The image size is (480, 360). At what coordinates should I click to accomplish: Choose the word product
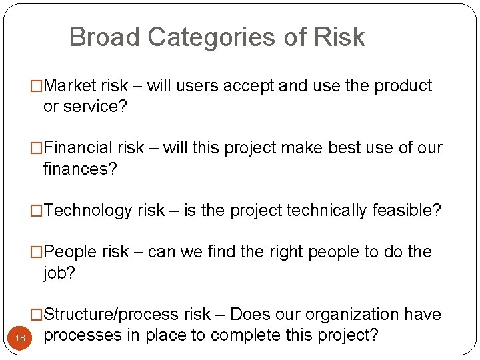(403, 86)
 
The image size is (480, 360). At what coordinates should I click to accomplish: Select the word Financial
(80, 148)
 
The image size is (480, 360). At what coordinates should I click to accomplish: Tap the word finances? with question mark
(80, 169)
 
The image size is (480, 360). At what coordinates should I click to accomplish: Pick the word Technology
(88, 211)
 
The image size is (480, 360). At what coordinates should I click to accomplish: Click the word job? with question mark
(59, 273)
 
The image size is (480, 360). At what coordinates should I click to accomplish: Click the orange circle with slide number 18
(20, 338)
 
